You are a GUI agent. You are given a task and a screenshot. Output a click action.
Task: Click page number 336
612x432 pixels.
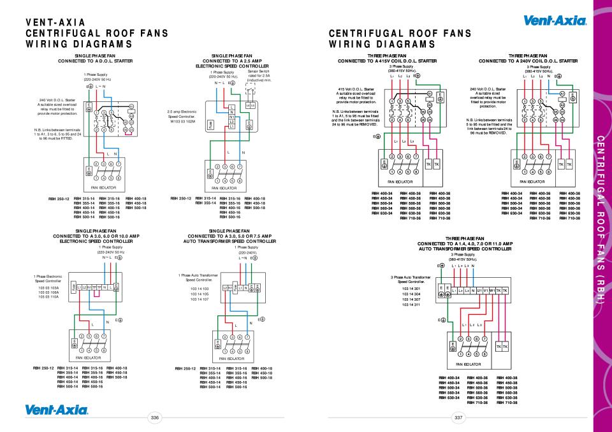coord(154,417)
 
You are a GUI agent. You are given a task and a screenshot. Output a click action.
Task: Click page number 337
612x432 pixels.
coord(457,417)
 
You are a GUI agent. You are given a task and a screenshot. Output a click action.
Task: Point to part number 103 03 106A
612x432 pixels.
coord(47,292)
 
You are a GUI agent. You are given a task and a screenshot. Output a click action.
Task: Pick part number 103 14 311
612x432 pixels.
coord(411,305)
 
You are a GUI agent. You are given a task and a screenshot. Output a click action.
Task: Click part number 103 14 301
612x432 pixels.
coord(411,289)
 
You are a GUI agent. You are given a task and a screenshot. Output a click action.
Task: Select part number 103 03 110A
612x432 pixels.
coord(47,298)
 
